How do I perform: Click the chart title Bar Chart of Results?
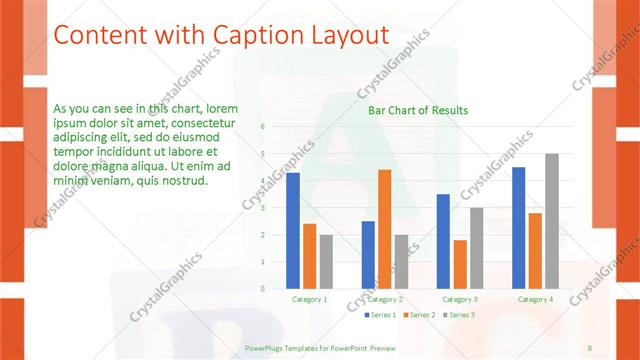pyautogui.click(x=418, y=110)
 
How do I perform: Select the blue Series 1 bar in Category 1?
pyautogui.click(x=293, y=230)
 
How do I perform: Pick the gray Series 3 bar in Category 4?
pyautogui.click(x=552, y=221)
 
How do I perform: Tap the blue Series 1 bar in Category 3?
pyautogui.click(x=444, y=241)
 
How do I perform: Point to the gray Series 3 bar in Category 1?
pyautogui.click(x=326, y=261)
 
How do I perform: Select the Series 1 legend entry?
pyautogui.click(x=380, y=315)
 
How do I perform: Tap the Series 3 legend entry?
pyautogui.click(x=458, y=315)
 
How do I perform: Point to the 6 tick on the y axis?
pyautogui.click(x=262, y=127)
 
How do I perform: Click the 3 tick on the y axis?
pyautogui.click(x=262, y=208)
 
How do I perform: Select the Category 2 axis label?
pyautogui.click(x=385, y=299)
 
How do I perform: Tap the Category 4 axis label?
pyautogui.click(x=536, y=299)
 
